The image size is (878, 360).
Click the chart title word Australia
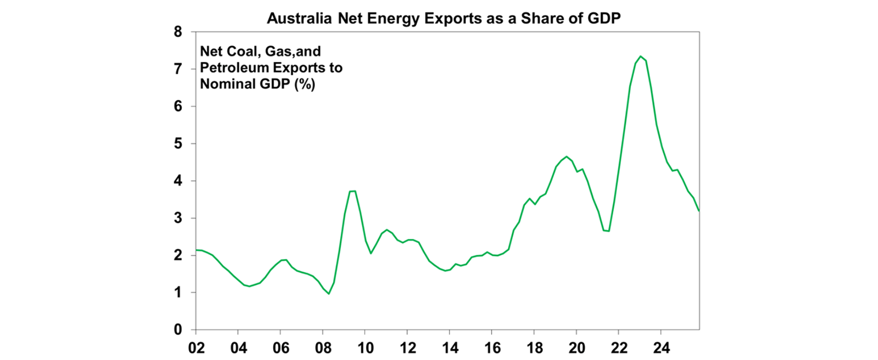(x=297, y=18)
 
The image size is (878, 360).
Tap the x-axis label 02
(x=196, y=347)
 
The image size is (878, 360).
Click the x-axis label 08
(x=323, y=347)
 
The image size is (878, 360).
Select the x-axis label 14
(x=450, y=347)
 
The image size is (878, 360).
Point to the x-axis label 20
(x=576, y=347)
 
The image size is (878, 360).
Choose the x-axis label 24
(x=661, y=347)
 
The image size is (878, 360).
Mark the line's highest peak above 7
(x=640, y=56)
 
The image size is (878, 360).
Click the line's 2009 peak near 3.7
(x=353, y=191)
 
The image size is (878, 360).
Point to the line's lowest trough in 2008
(x=329, y=294)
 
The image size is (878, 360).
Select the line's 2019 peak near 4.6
(x=566, y=157)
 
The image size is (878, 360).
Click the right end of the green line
(x=699, y=211)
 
